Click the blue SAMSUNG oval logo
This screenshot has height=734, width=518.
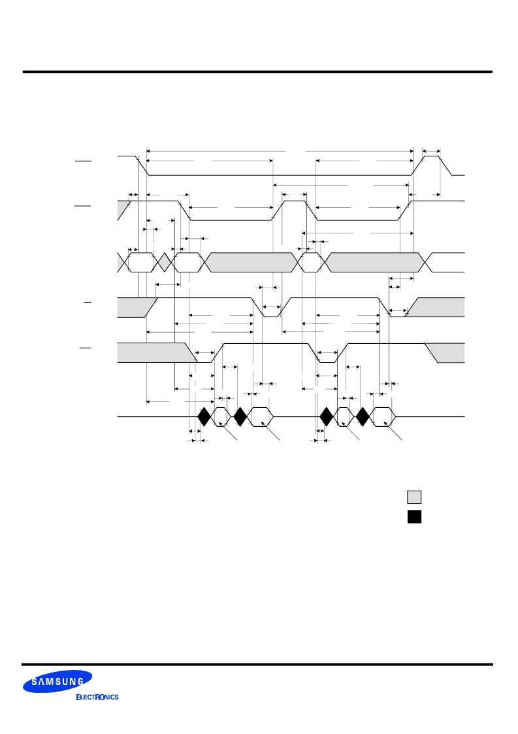pos(57,682)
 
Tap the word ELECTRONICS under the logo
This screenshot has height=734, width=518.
pos(97,697)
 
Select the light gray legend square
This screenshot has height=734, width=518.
pos(414,497)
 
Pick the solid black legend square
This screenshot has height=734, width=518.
pos(414,516)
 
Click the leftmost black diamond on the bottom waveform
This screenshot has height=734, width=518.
pos(204,416)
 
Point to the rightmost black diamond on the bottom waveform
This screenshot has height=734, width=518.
pos(363,416)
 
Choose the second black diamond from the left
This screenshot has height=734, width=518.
pos(240,416)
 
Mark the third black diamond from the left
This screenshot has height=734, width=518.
pos(327,416)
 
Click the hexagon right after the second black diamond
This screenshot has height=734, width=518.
pos(260,416)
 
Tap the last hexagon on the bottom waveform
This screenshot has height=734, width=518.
pos(383,416)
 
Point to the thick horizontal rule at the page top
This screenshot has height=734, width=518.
pos(258,72)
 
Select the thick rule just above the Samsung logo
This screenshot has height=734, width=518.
pos(258,664)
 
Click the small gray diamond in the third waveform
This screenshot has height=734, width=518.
pos(164,262)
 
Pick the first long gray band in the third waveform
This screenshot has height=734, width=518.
pos(251,262)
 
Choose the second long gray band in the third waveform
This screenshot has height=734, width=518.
pos(374,262)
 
